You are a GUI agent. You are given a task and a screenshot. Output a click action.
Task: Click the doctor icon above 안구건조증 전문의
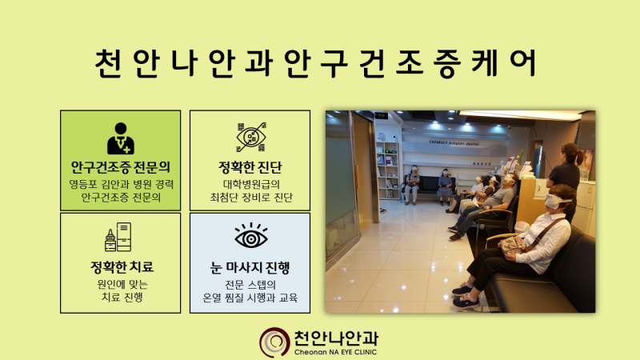[x=121, y=138]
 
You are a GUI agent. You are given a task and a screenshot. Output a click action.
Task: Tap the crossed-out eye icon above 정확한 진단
[x=251, y=137]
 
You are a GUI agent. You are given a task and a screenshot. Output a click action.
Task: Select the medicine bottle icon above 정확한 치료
[x=118, y=237]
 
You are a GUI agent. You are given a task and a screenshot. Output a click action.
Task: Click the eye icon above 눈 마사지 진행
[x=251, y=235]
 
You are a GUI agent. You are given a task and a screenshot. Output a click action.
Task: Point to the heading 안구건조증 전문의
[x=121, y=167]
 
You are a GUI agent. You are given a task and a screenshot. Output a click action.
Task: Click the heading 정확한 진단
[x=250, y=167]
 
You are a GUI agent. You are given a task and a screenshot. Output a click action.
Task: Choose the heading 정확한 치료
[x=122, y=267]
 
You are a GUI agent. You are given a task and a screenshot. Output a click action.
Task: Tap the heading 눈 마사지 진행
[x=250, y=268]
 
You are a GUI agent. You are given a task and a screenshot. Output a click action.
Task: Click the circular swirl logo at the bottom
[x=274, y=343]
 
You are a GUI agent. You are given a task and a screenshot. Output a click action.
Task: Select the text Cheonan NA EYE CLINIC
[x=335, y=352]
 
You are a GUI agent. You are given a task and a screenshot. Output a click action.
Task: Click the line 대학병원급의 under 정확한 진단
[x=251, y=184]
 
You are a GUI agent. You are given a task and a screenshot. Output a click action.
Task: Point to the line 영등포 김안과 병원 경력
[x=122, y=184]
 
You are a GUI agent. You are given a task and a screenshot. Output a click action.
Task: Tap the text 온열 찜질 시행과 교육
[x=250, y=297]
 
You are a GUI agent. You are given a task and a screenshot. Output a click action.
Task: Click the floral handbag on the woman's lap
[x=512, y=246]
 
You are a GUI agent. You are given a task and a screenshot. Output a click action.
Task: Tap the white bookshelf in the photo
[x=387, y=170]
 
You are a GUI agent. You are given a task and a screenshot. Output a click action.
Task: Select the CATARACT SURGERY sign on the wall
[x=454, y=143]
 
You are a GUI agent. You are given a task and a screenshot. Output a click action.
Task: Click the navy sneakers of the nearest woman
[x=466, y=296]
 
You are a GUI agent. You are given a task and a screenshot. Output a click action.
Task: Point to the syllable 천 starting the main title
[x=109, y=64]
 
